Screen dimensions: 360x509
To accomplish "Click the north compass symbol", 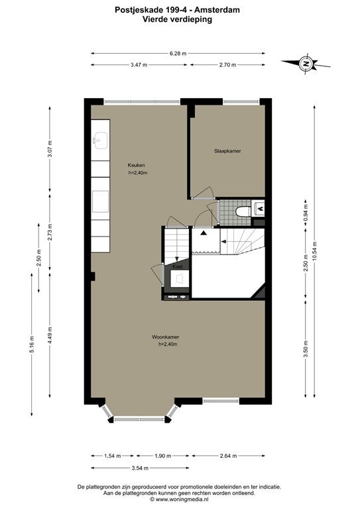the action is pyautogui.click(x=306, y=63).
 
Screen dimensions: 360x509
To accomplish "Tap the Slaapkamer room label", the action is pyautogui.click(x=227, y=151).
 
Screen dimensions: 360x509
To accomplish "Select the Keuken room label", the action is pyautogui.click(x=137, y=165).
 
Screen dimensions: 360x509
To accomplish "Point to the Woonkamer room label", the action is pyautogui.click(x=166, y=337).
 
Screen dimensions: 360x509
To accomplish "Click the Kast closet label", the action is pyautogui.click(x=178, y=266).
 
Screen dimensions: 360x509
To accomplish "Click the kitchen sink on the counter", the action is pyautogui.click(x=101, y=141).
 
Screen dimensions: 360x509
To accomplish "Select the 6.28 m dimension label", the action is pyautogui.click(x=178, y=54).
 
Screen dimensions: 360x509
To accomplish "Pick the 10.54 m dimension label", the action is pyautogui.click(x=314, y=251).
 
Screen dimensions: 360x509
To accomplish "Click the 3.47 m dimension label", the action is pyautogui.click(x=139, y=65).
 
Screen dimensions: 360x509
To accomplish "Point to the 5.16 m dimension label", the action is pyautogui.click(x=31, y=345).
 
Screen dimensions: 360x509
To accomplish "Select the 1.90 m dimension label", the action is pyautogui.click(x=162, y=456).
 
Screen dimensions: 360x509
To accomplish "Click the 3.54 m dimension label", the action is pyautogui.click(x=140, y=468).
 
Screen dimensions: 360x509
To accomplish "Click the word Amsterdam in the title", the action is pyautogui.click(x=217, y=10).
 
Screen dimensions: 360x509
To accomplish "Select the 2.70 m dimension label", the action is pyautogui.click(x=227, y=65).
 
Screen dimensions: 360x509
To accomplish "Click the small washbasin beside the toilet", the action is pyautogui.click(x=259, y=207).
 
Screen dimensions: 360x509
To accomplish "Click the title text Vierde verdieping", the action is pyautogui.click(x=177, y=19).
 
